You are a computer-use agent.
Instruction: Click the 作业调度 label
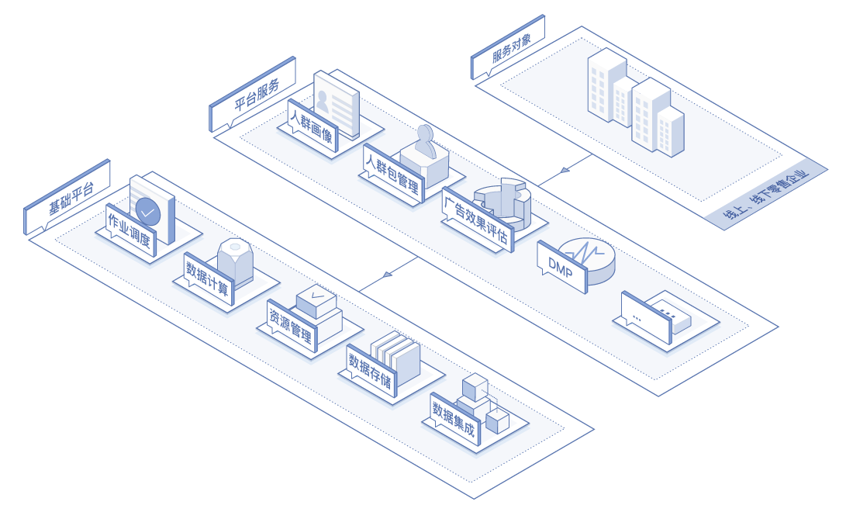pyautogui.click(x=132, y=231)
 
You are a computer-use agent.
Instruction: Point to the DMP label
pyautogui.click(x=561, y=266)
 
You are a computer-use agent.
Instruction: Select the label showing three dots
pyautogui.click(x=644, y=318)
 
